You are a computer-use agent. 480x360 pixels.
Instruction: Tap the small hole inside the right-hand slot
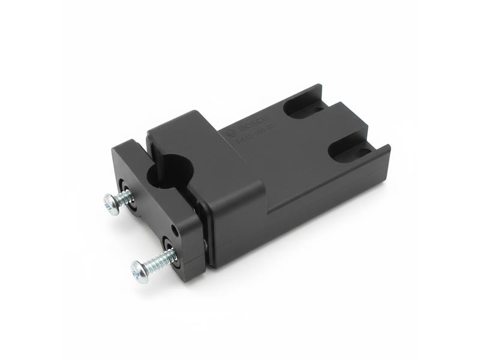[x=362, y=152]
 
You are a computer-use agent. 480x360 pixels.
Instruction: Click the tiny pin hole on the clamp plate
[x=175, y=229]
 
